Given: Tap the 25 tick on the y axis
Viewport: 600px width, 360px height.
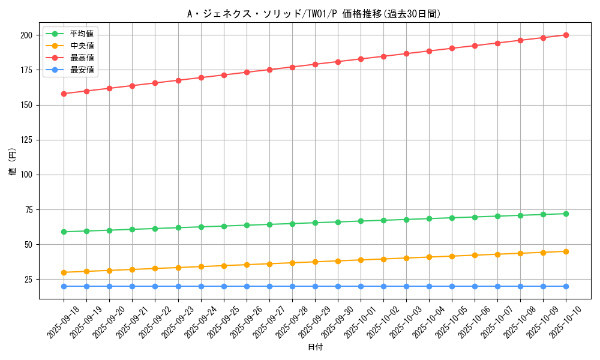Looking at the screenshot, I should pos(28,280).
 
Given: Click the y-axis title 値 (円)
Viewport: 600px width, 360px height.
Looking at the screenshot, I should pos(12,162).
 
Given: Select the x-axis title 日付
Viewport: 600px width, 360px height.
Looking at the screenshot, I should pos(315,347).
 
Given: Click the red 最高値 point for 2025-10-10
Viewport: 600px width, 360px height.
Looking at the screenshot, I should pos(566,35).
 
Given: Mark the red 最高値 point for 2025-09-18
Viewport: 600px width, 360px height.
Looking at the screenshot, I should pos(64,94).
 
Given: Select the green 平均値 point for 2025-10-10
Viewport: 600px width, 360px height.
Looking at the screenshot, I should pos(566,214).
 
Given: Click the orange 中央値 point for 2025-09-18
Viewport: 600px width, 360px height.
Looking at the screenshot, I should pos(64,272).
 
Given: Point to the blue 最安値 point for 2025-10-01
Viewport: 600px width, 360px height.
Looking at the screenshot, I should pos(361,286).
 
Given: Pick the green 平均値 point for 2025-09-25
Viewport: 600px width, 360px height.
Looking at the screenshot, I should pos(224,226).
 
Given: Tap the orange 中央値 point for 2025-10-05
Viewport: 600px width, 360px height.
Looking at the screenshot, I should pos(452,256).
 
